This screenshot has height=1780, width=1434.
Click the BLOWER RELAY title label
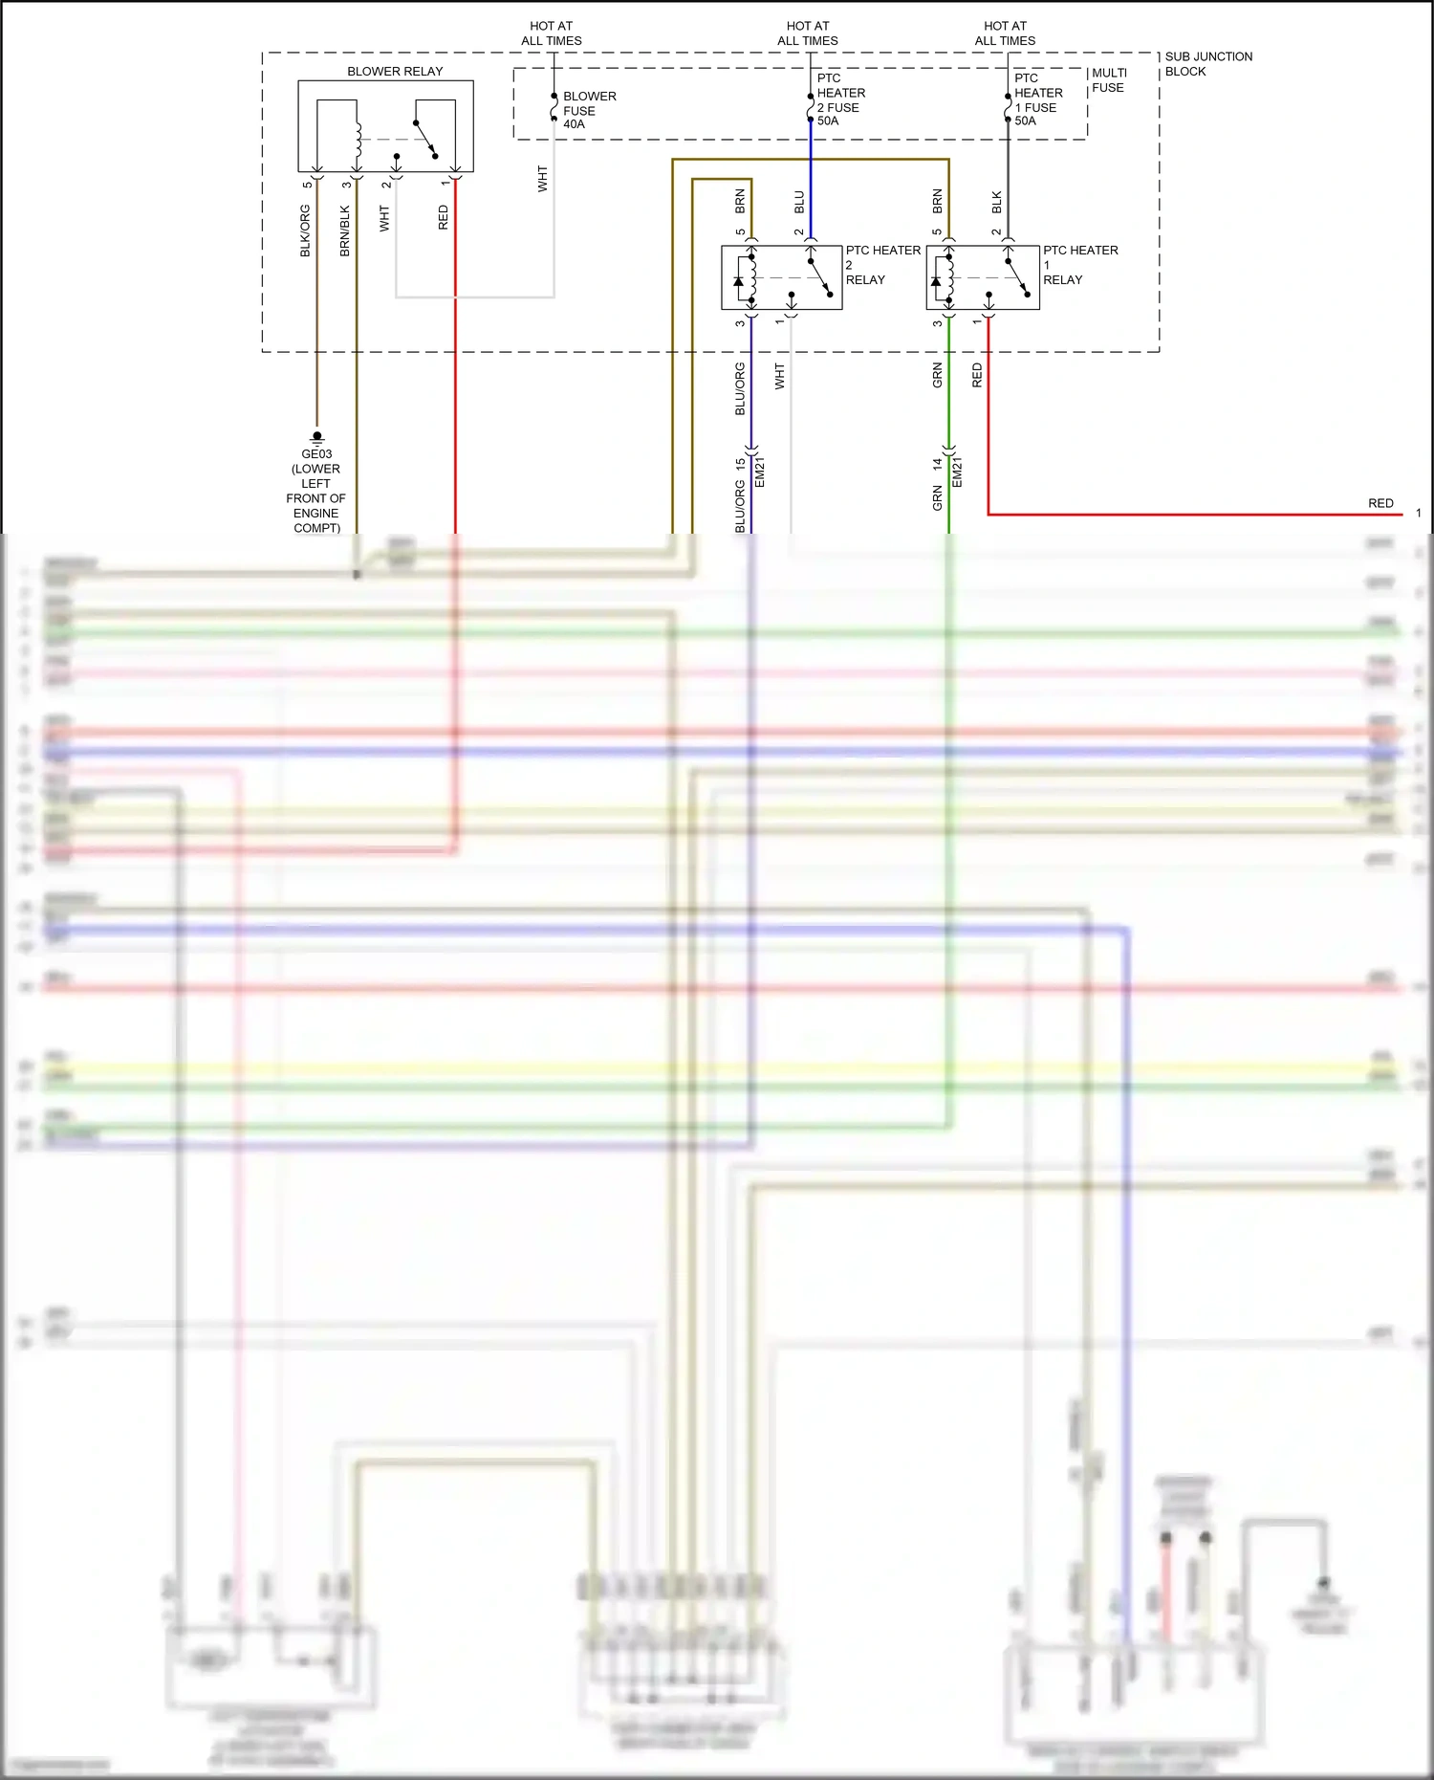click(395, 72)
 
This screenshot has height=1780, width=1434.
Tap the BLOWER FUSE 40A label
click(588, 110)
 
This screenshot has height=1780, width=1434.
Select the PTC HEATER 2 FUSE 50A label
click(840, 99)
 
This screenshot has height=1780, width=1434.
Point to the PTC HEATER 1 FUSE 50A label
click(1038, 99)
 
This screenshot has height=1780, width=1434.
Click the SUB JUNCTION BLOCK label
click(1207, 64)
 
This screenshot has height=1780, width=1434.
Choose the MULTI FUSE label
click(1109, 80)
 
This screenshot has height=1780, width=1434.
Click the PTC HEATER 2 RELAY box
click(781, 277)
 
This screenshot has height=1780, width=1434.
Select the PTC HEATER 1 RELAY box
click(982, 277)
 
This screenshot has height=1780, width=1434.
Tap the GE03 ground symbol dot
click(317, 436)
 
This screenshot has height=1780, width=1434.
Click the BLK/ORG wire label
click(306, 231)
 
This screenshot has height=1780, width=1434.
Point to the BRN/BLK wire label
click(345, 231)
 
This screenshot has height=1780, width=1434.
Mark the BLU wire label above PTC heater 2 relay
click(799, 202)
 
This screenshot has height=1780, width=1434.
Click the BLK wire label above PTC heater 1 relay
click(997, 202)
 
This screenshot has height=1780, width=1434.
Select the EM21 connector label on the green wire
click(958, 472)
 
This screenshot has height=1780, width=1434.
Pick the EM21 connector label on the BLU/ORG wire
click(760, 472)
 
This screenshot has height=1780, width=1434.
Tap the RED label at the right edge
click(1380, 503)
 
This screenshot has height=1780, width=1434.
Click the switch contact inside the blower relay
click(425, 139)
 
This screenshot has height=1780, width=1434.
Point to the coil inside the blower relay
click(358, 140)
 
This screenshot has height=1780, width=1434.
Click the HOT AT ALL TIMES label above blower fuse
click(552, 33)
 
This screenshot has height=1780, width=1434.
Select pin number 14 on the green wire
click(938, 464)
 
